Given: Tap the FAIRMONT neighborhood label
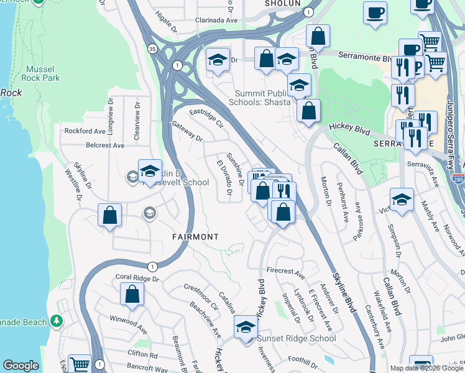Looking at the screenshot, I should [195, 237].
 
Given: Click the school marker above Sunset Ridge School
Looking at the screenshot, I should [246, 326].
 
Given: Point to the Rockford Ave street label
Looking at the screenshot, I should [85, 131].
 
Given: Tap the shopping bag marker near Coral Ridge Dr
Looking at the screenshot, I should [132, 295].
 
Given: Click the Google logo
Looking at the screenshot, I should [21, 366].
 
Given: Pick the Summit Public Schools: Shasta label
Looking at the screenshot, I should [259, 97].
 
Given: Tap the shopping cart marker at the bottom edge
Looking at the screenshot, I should [80, 365].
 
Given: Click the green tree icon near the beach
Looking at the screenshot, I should [57, 320].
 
